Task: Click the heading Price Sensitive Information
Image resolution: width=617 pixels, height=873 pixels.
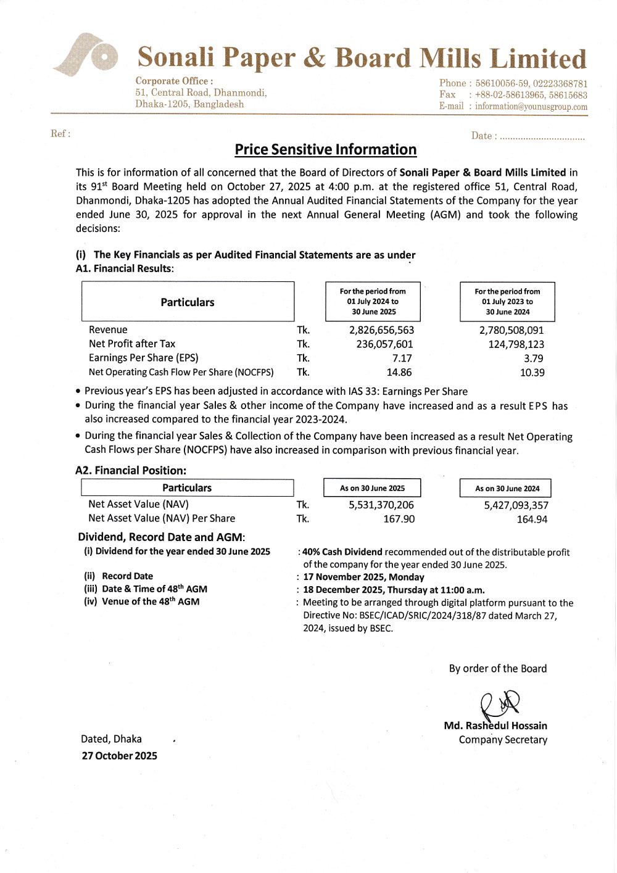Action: tap(325, 150)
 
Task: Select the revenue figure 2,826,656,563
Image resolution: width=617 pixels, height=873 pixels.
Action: tap(381, 330)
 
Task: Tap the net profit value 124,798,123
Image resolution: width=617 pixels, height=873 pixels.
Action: tap(516, 344)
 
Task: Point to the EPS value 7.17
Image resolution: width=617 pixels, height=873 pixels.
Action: tap(402, 358)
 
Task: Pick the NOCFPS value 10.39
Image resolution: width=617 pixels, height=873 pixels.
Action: tap(532, 373)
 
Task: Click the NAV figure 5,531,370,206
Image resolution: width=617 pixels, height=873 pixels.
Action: tap(381, 505)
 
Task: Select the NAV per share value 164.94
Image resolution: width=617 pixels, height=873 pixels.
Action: tap(532, 519)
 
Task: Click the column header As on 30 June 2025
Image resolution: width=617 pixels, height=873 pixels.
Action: tap(372, 488)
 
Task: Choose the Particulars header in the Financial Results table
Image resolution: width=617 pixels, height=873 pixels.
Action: tap(188, 302)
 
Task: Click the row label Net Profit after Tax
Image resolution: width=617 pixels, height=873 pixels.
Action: tap(132, 344)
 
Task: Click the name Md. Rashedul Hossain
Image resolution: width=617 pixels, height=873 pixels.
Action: tap(495, 726)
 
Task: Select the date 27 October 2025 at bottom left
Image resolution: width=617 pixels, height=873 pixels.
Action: tap(119, 756)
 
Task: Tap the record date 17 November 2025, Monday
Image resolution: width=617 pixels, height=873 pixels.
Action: tap(363, 577)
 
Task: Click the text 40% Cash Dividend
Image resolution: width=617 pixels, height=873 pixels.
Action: tap(342, 552)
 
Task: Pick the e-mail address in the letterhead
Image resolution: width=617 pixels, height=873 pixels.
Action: tap(531, 107)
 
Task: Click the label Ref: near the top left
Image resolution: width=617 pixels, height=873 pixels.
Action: tap(60, 134)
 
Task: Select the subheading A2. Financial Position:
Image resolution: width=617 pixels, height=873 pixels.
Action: tap(131, 471)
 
